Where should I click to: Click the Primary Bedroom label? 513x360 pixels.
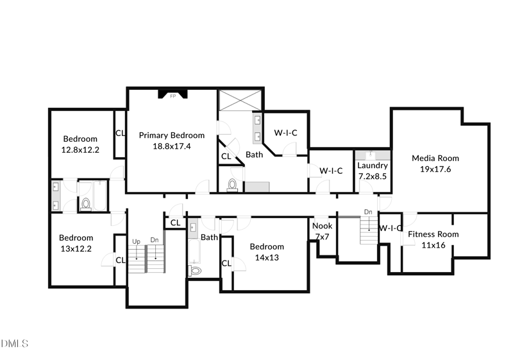[x=171, y=135]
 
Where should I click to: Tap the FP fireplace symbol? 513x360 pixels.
[x=172, y=94]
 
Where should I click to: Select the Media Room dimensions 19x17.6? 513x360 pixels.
[x=435, y=169]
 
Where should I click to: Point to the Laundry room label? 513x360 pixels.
[x=373, y=166]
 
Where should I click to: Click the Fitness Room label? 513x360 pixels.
[x=433, y=234]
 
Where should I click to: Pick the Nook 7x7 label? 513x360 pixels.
[x=323, y=231]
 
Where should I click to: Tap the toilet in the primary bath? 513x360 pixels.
[x=232, y=185]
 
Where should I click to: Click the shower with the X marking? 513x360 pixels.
[x=240, y=101]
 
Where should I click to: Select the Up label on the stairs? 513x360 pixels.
[x=136, y=241]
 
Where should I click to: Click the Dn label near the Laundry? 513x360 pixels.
[x=368, y=212]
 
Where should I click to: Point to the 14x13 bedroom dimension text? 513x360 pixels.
[x=267, y=257]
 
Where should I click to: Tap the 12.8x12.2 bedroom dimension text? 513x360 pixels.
[x=80, y=150]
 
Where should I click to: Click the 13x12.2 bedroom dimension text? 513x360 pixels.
[x=76, y=249]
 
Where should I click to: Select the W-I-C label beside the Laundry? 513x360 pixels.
[x=331, y=171]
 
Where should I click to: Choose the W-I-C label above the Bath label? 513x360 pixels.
[x=285, y=133]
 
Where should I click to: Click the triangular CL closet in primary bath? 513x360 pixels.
[x=229, y=155]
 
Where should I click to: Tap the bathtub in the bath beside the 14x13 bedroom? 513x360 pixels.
[x=194, y=252]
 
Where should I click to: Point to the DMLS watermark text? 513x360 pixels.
[x=14, y=343]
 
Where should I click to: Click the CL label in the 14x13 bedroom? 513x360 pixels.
[x=226, y=263]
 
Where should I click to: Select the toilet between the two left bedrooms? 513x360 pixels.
[x=86, y=204]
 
